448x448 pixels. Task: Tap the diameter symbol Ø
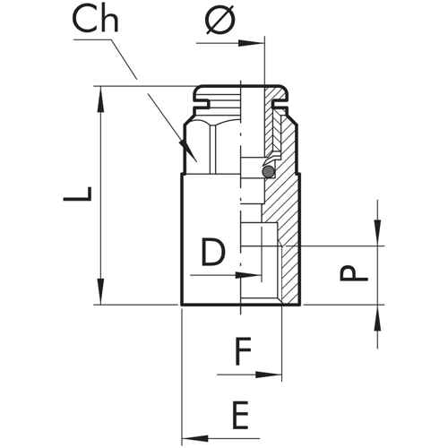point(220,20)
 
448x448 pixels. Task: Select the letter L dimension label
point(77,194)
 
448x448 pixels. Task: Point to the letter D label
point(213,253)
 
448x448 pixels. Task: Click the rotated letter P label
point(354,273)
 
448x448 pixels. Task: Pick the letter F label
point(243,351)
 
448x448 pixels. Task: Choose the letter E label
point(240,416)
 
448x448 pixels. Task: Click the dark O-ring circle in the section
point(268,171)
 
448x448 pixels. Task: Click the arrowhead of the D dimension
point(248,275)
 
